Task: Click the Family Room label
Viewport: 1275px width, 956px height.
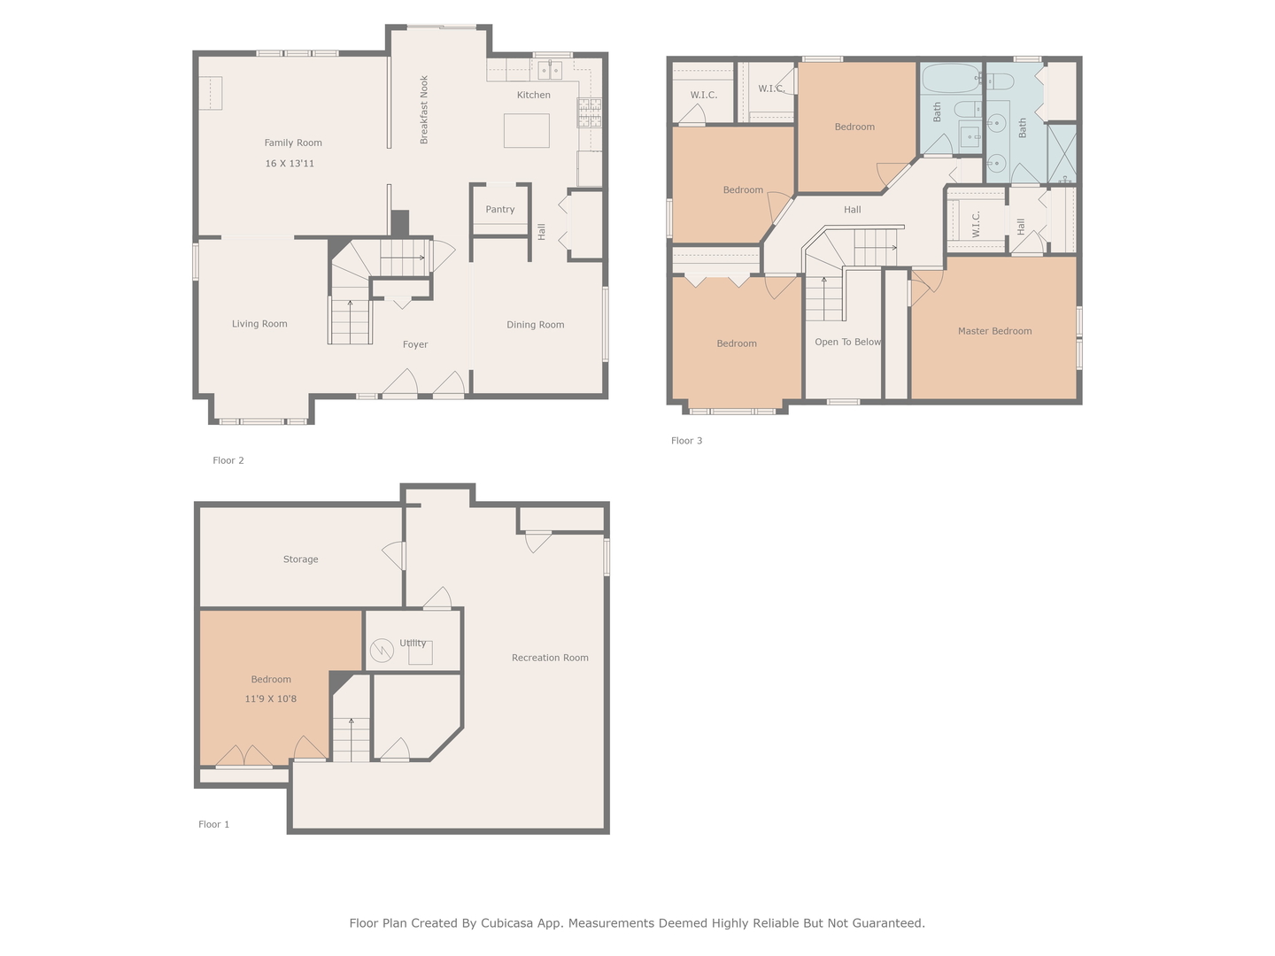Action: [x=293, y=143]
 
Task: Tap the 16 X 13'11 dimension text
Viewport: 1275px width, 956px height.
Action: [x=290, y=164]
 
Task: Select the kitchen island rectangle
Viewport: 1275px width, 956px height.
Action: [x=526, y=130]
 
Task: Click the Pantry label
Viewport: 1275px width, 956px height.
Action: [x=500, y=210]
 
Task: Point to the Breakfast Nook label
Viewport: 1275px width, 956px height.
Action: [x=424, y=110]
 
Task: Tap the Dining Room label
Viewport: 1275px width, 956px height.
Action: [x=535, y=325]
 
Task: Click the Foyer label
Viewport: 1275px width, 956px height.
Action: [x=415, y=345]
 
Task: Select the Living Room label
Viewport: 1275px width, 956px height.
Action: [x=259, y=324]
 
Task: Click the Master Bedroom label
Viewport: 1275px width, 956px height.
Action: [x=994, y=331]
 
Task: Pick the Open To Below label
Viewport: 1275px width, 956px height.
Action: [x=847, y=342]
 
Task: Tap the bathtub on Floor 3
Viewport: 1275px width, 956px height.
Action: [x=950, y=79]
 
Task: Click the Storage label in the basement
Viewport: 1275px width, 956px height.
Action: [x=300, y=559]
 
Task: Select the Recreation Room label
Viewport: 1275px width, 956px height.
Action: [x=550, y=658]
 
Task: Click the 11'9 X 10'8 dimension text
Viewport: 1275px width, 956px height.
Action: [x=271, y=699]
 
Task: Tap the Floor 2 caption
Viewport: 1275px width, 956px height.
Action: [x=228, y=460]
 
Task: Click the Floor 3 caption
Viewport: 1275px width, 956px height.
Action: [x=686, y=441]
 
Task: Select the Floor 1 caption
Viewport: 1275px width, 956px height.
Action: [x=213, y=824]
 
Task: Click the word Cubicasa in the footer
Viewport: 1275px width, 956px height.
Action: [x=509, y=923]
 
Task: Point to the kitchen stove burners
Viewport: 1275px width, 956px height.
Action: [x=589, y=112]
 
